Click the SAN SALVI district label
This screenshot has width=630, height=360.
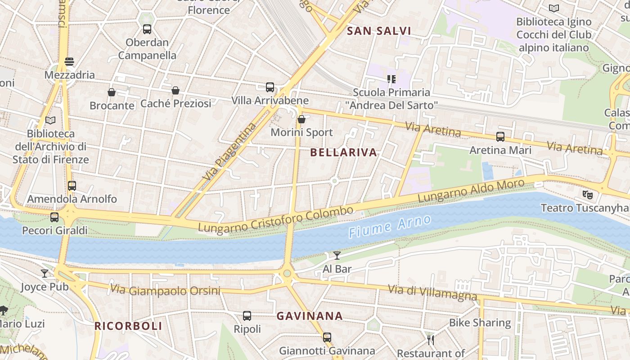(x=379, y=31)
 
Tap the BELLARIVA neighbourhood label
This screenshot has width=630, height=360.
(x=344, y=153)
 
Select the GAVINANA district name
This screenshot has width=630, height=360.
(x=310, y=316)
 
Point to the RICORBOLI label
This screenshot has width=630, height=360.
(x=128, y=326)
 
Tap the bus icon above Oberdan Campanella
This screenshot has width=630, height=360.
(x=147, y=29)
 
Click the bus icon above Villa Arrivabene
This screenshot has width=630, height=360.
(x=270, y=87)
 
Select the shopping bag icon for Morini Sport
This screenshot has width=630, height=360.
(x=301, y=119)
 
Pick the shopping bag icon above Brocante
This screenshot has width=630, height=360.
(x=112, y=92)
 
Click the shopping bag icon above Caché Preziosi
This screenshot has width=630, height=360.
(x=175, y=90)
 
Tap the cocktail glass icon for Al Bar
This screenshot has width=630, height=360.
(x=337, y=256)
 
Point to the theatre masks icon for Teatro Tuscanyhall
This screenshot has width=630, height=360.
(x=587, y=195)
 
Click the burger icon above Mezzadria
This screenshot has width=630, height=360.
(x=69, y=62)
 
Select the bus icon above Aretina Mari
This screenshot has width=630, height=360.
(x=500, y=137)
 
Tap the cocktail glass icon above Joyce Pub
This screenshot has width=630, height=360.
(x=45, y=273)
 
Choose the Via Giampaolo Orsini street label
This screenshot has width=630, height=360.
(x=166, y=290)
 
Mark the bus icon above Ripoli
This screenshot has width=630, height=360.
(x=247, y=316)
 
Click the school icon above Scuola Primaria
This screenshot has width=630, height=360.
(x=391, y=79)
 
